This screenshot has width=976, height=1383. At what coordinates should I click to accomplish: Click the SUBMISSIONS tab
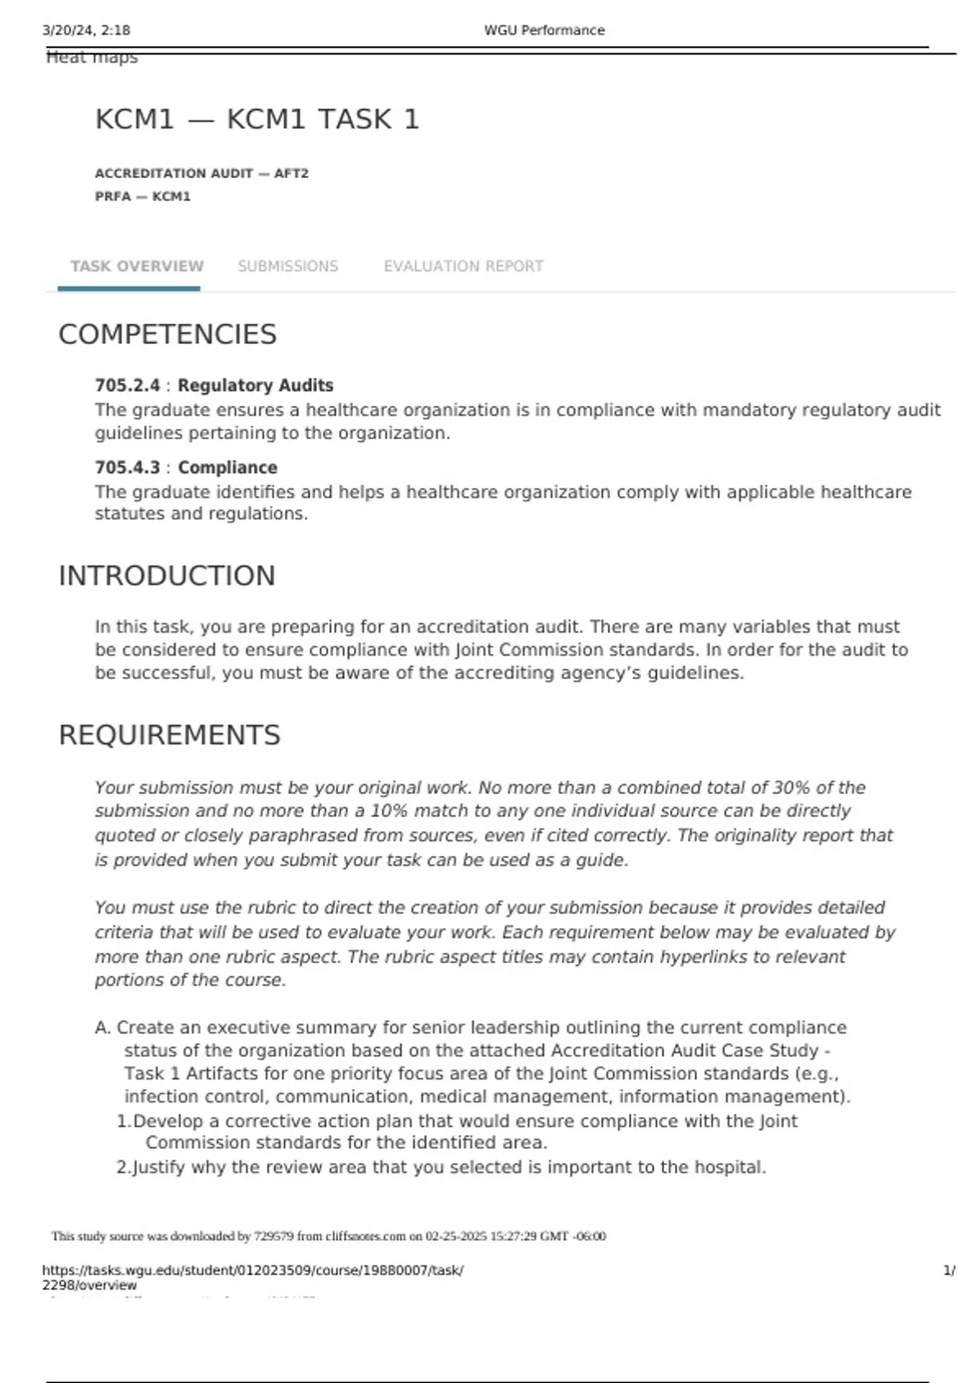(288, 266)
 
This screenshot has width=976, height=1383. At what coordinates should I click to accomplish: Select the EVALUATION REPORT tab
(464, 266)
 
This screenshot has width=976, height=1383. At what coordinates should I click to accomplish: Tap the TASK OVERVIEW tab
(137, 266)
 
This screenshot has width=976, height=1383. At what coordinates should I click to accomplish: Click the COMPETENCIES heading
(168, 334)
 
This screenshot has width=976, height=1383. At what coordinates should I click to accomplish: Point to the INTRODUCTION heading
(167, 576)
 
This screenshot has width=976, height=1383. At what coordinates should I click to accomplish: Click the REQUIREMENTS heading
(169, 735)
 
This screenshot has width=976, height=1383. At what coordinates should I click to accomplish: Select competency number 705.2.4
(127, 386)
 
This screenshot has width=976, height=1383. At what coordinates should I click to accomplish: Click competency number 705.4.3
(127, 468)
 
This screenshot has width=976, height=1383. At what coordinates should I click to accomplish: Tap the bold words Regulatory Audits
(255, 386)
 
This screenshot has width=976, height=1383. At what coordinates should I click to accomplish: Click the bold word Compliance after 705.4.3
(228, 468)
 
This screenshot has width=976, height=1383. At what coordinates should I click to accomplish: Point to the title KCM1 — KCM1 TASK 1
(257, 120)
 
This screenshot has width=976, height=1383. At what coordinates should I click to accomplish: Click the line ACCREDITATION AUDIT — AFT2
(202, 173)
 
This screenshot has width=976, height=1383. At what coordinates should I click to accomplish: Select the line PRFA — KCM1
(142, 196)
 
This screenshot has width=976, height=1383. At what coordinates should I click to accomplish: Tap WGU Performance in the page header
(544, 30)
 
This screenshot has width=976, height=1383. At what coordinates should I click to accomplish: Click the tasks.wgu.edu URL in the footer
(252, 1271)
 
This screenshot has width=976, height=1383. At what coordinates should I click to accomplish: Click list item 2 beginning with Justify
(441, 1167)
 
